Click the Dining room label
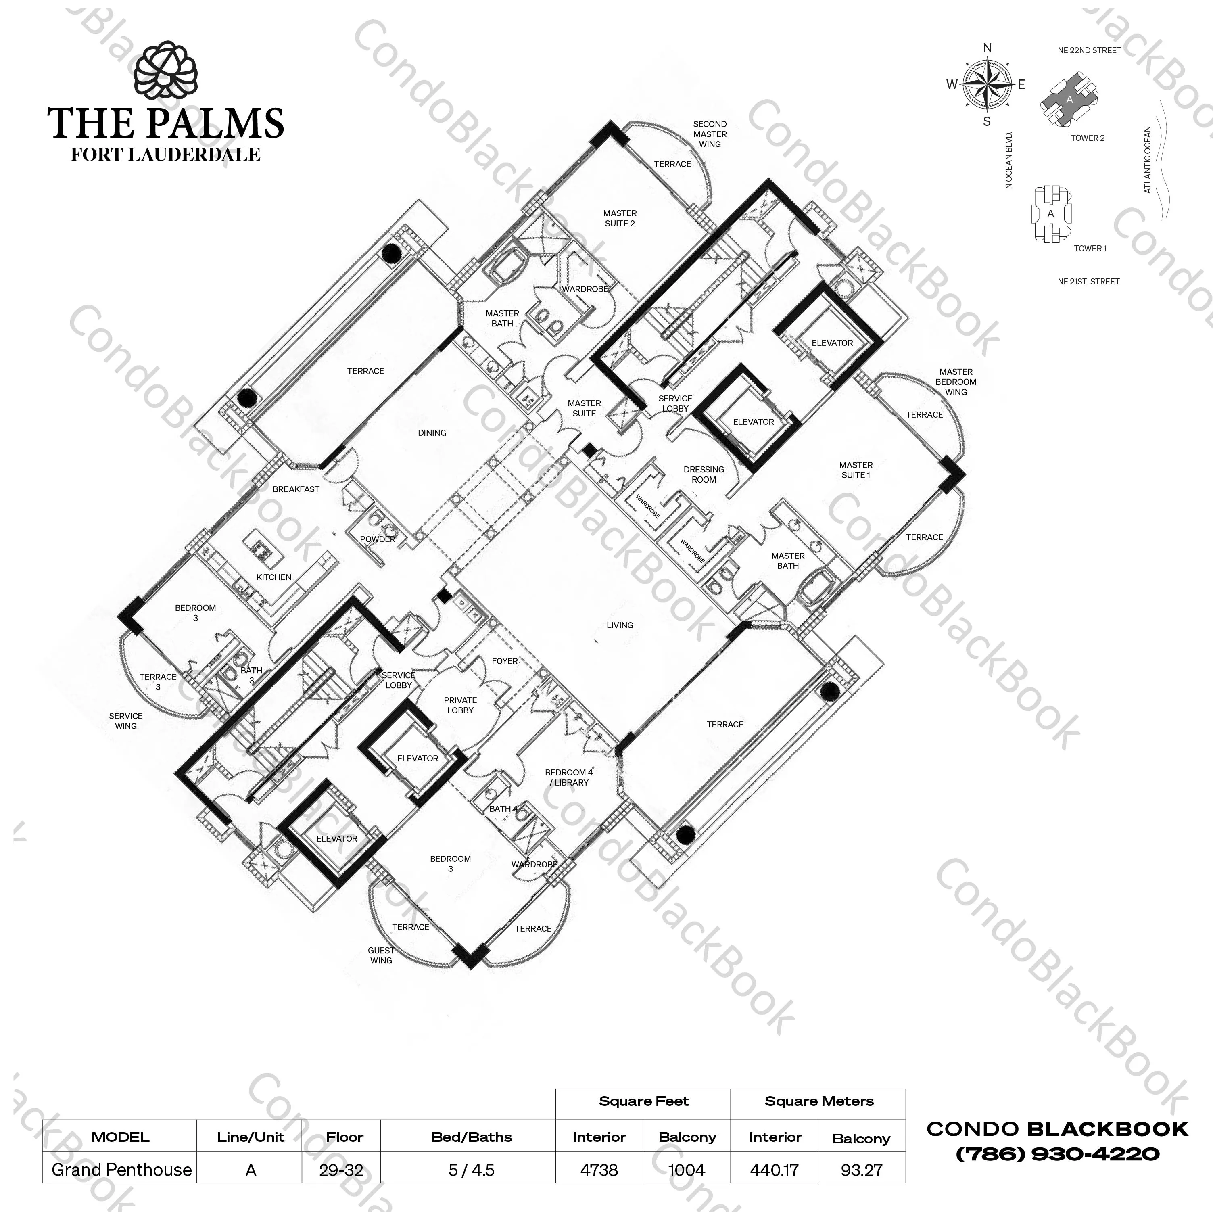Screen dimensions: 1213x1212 click(432, 433)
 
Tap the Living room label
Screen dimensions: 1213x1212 click(620, 625)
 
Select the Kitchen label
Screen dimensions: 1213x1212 click(274, 577)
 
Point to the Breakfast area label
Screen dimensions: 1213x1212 click(296, 489)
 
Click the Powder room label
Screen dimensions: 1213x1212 click(377, 539)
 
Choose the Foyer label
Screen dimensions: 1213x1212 click(505, 661)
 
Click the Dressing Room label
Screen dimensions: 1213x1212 click(704, 474)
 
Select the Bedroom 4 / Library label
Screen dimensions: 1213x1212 click(568, 777)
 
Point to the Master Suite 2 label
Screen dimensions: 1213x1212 click(620, 219)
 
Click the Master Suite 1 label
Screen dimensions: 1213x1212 click(856, 470)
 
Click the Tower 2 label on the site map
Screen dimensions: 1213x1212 click(1088, 138)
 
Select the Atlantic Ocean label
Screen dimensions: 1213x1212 click(1148, 160)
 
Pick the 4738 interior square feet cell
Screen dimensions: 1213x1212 click(599, 1170)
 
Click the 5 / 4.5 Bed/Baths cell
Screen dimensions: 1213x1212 click(472, 1170)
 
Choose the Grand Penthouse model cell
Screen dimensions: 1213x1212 click(122, 1170)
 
